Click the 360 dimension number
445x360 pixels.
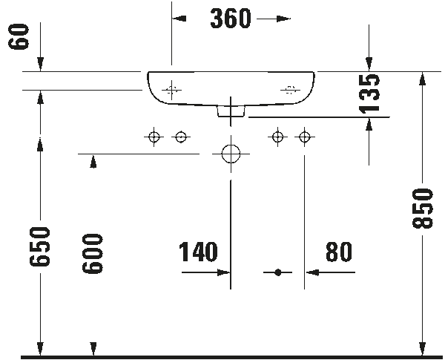[x=231, y=19]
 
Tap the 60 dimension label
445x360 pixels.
[x=19, y=36]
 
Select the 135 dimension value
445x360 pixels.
[x=369, y=94]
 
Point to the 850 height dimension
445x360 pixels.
[x=422, y=208]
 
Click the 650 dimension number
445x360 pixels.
[x=40, y=246]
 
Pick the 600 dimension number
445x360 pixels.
[x=93, y=254]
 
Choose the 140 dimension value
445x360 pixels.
[x=198, y=252]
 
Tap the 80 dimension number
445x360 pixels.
[x=339, y=252]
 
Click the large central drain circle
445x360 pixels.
[x=231, y=154]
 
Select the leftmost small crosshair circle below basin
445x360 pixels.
[x=154, y=137]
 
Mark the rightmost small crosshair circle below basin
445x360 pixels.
[x=305, y=137]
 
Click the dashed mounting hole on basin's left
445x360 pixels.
[x=171, y=90]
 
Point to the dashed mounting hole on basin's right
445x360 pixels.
[x=290, y=90]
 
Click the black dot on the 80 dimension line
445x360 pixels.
[x=278, y=272]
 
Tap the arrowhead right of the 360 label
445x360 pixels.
[x=283, y=19]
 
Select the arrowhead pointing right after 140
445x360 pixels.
[x=224, y=272]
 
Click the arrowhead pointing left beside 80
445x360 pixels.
[x=312, y=272]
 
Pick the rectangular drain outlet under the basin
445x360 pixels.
[x=231, y=111]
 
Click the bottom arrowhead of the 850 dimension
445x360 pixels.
[x=422, y=349]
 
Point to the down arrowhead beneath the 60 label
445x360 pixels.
[x=40, y=64]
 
